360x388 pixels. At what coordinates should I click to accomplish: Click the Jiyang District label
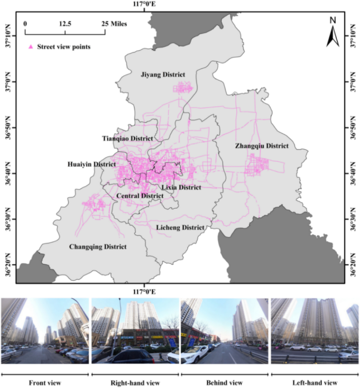[163, 75]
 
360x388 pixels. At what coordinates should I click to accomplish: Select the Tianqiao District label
[127, 138]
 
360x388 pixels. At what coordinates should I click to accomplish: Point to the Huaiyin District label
[92, 164]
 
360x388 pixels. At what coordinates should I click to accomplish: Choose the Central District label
[140, 196]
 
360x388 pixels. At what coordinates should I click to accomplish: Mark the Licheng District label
[180, 227]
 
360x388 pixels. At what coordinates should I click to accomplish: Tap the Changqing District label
[98, 246]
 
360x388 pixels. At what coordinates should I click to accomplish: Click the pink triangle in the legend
[30, 47]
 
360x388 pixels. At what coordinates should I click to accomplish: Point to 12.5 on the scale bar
[65, 24]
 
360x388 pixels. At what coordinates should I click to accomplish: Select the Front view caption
[45, 382]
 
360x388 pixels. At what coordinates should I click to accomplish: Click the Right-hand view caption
[135, 382]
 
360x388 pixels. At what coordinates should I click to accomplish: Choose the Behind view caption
[225, 382]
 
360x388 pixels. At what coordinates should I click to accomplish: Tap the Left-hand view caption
[315, 382]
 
